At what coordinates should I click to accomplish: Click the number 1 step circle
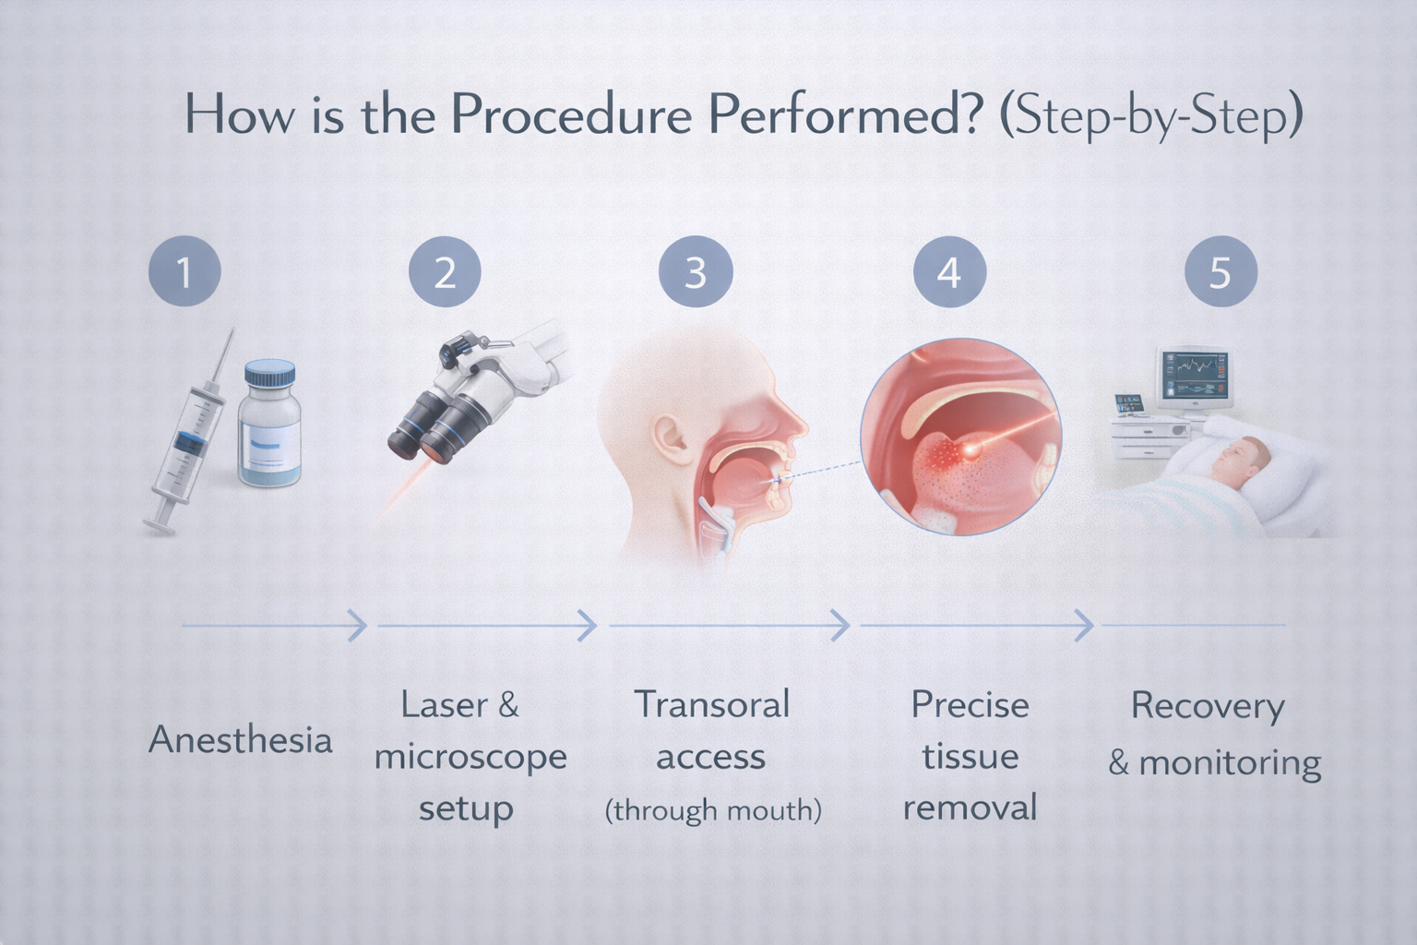click(x=185, y=272)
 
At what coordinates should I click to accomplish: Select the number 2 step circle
click(x=445, y=272)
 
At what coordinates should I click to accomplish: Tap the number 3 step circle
click(x=696, y=272)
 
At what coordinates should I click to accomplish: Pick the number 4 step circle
click(x=949, y=272)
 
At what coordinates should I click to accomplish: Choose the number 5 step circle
click(x=1220, y=272)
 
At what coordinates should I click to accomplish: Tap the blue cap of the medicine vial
click(x=269, y=375)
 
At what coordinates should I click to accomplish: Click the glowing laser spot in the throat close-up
click(x=970, y=449)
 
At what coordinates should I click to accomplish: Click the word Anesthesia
click(x=240, y=740)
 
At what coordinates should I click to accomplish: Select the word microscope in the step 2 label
click(x=470, y=758)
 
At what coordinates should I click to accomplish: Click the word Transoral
click(x=711, y=705)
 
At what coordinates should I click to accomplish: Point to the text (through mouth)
click(x=712, y=810)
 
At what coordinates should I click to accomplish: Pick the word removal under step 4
click(x=970, y=807)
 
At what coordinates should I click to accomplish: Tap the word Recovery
click(x=1208, y=707)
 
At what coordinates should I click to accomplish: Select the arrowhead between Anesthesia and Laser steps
click(x=358, y=626)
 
